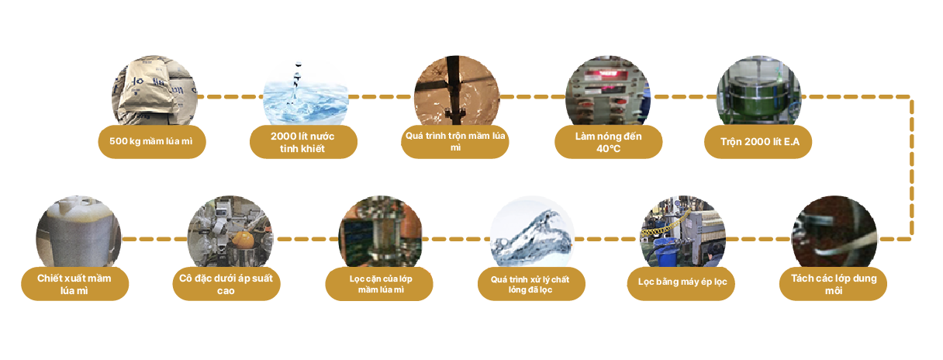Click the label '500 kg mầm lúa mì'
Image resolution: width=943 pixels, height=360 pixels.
tap(152, 142)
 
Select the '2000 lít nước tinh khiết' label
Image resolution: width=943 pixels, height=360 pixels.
tap(303, 142)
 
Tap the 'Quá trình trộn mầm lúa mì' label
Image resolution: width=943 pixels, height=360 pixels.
tap(455, 142)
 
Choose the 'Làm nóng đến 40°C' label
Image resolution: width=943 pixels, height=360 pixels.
tap(609, 142)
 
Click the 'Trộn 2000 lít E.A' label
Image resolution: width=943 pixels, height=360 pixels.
tap(758, 142)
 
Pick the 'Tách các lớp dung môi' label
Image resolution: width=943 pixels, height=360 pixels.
tap(833, 284)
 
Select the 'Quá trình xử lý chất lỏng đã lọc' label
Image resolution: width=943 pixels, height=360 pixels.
tap(531, 284)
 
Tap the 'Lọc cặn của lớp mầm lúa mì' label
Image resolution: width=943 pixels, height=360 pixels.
tap(380, 284)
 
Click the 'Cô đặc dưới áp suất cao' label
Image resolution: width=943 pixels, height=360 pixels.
tap(226, 284)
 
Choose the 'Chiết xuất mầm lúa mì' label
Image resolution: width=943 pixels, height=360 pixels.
tap(75, 284)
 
